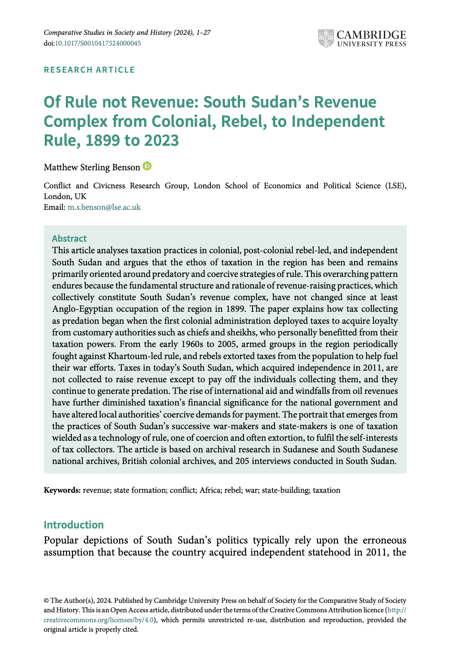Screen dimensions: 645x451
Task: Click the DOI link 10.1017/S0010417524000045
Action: [x=98, y=43]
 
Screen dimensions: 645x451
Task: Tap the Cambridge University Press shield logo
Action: [x=326, y=38]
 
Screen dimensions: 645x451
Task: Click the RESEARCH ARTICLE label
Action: [x=90, y=70]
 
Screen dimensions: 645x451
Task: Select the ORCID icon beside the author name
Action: [x=148, y=166]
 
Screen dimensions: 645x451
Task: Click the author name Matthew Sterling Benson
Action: [x=92, y=167]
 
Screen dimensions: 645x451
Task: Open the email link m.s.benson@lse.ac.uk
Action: [x=104, y=207]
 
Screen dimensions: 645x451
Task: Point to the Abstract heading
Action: [x=69, y=239]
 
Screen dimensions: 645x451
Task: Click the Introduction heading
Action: [x=74, y=525]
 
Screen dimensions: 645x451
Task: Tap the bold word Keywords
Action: [x=62, y=490]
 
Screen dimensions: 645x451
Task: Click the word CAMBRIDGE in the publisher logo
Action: [x=371, y=35]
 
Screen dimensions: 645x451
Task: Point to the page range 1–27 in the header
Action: [x=203, y=33]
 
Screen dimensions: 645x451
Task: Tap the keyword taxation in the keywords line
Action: [x=327, y=490]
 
